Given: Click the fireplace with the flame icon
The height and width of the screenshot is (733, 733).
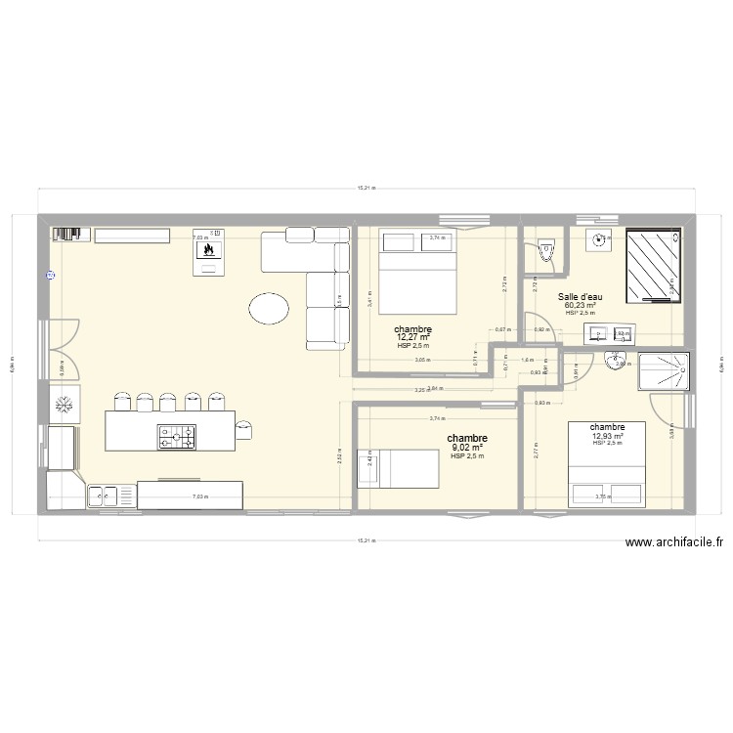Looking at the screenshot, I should [207, 251].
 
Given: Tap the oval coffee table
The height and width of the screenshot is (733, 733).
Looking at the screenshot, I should [269, 309].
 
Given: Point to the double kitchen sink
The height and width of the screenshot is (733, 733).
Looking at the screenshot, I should [104, 496].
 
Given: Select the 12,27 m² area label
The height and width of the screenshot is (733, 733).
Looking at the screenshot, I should [412, 338].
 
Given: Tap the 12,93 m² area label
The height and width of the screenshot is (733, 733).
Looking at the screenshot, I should [607, 436].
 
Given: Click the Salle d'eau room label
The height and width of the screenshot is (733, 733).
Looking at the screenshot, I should [580, 296].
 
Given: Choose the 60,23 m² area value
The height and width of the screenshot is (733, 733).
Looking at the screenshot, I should [580, 305].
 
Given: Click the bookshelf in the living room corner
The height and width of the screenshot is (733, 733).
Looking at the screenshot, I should [66, 234].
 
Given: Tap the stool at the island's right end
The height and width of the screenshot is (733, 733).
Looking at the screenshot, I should [243, 427].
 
